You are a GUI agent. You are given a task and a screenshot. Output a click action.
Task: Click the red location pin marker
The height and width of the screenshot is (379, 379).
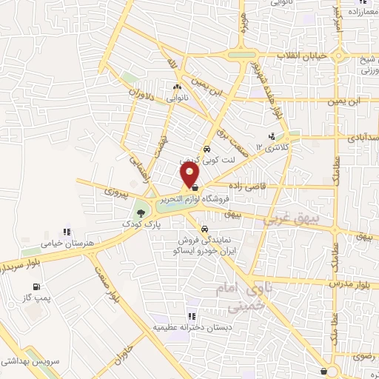(x=190, y=175)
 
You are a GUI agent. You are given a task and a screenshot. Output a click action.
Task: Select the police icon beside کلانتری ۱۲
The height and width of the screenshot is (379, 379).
(x=272, y=136)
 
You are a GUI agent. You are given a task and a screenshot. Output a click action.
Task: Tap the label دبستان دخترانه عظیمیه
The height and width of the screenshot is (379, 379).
(x=190, y=326)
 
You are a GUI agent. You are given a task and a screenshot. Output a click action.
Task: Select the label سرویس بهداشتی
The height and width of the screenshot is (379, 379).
(x=29, y=360)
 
